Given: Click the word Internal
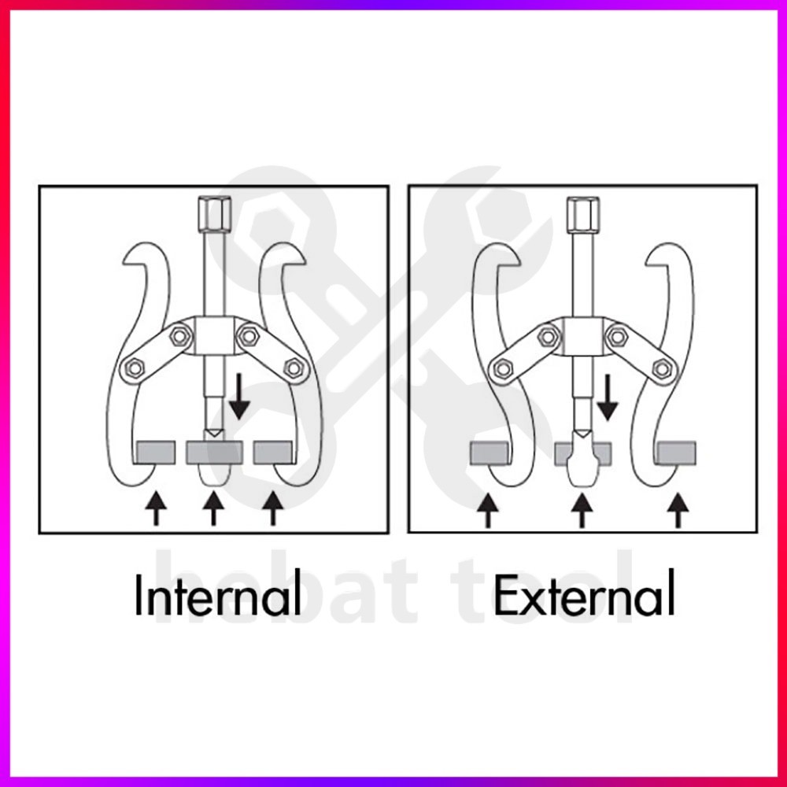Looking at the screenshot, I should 217,596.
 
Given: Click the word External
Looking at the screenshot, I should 584,596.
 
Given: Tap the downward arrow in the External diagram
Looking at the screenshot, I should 606,397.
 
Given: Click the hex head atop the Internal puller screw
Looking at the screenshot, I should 213,212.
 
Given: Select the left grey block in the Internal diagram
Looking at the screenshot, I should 157,453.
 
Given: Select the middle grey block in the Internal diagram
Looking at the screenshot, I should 213,453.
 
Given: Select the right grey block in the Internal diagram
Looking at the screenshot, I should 273,453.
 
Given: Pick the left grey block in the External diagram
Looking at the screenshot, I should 488,453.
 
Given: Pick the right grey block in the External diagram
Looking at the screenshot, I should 676,453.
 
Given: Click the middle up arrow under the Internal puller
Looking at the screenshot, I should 212,507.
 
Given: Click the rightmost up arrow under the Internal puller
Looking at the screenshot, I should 273,507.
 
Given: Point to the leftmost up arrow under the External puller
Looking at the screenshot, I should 488,509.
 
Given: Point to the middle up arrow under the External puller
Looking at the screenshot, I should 582,509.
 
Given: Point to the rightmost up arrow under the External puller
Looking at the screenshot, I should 676,509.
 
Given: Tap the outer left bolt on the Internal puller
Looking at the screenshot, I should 133,367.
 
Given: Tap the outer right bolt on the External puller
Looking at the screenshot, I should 663,367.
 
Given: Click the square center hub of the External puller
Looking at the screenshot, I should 582,336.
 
